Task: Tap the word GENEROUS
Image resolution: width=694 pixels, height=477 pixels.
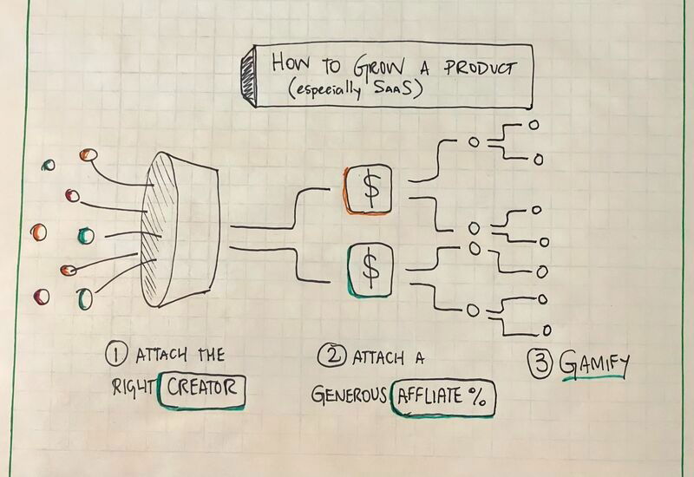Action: tap(347, 395)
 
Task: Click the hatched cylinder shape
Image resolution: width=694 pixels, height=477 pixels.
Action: tap(179, 227)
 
